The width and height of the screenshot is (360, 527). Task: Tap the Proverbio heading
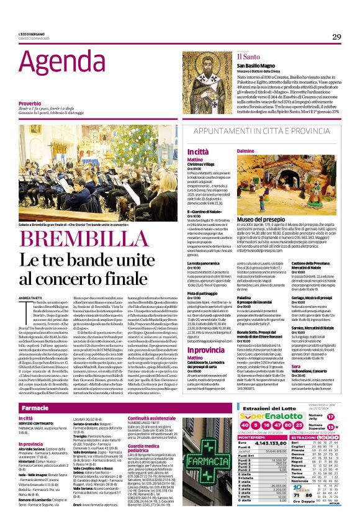pyautogui.click(x=30, y=104)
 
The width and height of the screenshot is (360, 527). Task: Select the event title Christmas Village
pyautogui.click(x=202, y=164)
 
